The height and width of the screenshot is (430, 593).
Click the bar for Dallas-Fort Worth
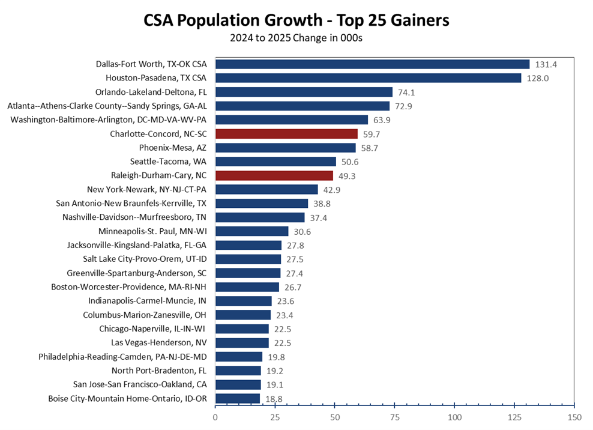pos(372,64)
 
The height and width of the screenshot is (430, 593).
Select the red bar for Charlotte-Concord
pos(286,134)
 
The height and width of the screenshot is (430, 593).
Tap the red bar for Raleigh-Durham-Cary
pos(274,175)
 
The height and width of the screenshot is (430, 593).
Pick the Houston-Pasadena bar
pos(368,78)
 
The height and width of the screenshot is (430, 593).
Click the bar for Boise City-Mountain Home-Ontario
pos(238,398)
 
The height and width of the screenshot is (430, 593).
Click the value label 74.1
pos(408,92)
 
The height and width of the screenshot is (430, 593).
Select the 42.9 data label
pos(333,189)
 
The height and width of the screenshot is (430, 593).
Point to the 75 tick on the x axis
pos(395,416)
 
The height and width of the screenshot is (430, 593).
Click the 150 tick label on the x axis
pos(574,416)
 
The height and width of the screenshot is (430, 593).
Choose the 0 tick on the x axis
pos(215,416)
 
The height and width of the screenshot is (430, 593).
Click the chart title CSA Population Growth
pos(296,21)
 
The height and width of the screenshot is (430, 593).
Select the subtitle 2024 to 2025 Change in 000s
pos(296,38)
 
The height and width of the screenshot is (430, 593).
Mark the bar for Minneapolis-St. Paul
pos(252,231)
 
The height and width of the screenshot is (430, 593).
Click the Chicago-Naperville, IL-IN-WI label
pos(152,329)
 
